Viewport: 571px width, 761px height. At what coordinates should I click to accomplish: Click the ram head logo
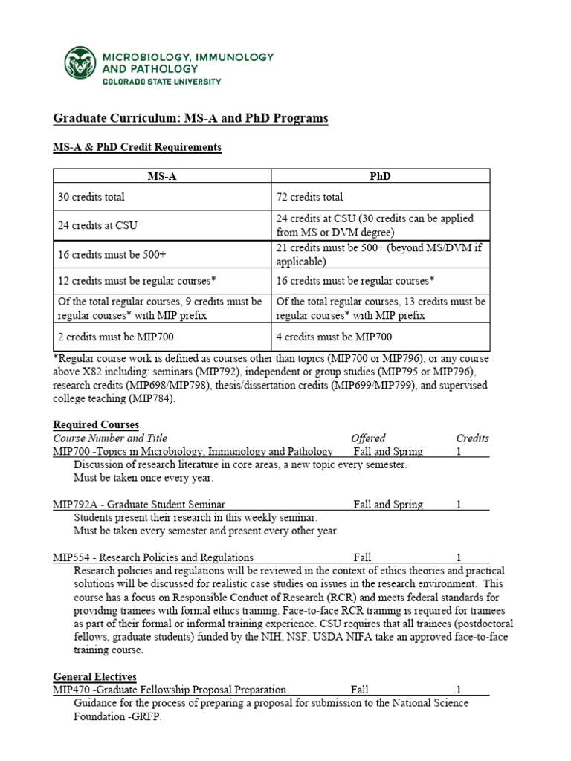tap(80, 63)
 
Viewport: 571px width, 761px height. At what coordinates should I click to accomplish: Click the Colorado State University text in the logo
tap(161, 81)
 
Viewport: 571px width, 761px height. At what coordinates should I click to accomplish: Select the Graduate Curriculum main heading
tap(190, 119)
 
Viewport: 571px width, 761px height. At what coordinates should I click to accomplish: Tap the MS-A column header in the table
tap(161, 176)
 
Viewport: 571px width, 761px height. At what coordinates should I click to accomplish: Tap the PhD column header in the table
tap(380, 176)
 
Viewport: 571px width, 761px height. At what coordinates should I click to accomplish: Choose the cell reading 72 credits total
tap(310, 197)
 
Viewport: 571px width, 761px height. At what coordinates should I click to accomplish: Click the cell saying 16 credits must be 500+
tap(112, 254)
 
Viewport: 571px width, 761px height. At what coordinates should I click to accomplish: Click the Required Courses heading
tap(96, 424)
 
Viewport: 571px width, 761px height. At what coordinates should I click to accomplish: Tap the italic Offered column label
tap(368, 438)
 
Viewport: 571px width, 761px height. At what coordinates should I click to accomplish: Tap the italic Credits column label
tap(472, 438)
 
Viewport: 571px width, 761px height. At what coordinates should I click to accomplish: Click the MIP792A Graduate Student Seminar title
tap(139, 505)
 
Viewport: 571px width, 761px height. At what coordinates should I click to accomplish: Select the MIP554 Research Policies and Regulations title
tap(153, 557)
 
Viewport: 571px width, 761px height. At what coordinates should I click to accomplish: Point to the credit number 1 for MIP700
tap(459, 452)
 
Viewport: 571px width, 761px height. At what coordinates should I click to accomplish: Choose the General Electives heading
tap(94, 676)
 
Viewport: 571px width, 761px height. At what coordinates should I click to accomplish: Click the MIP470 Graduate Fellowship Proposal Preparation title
tap(170, 690)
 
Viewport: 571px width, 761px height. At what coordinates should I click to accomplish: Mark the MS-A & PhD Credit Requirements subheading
tap(137, 147)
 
